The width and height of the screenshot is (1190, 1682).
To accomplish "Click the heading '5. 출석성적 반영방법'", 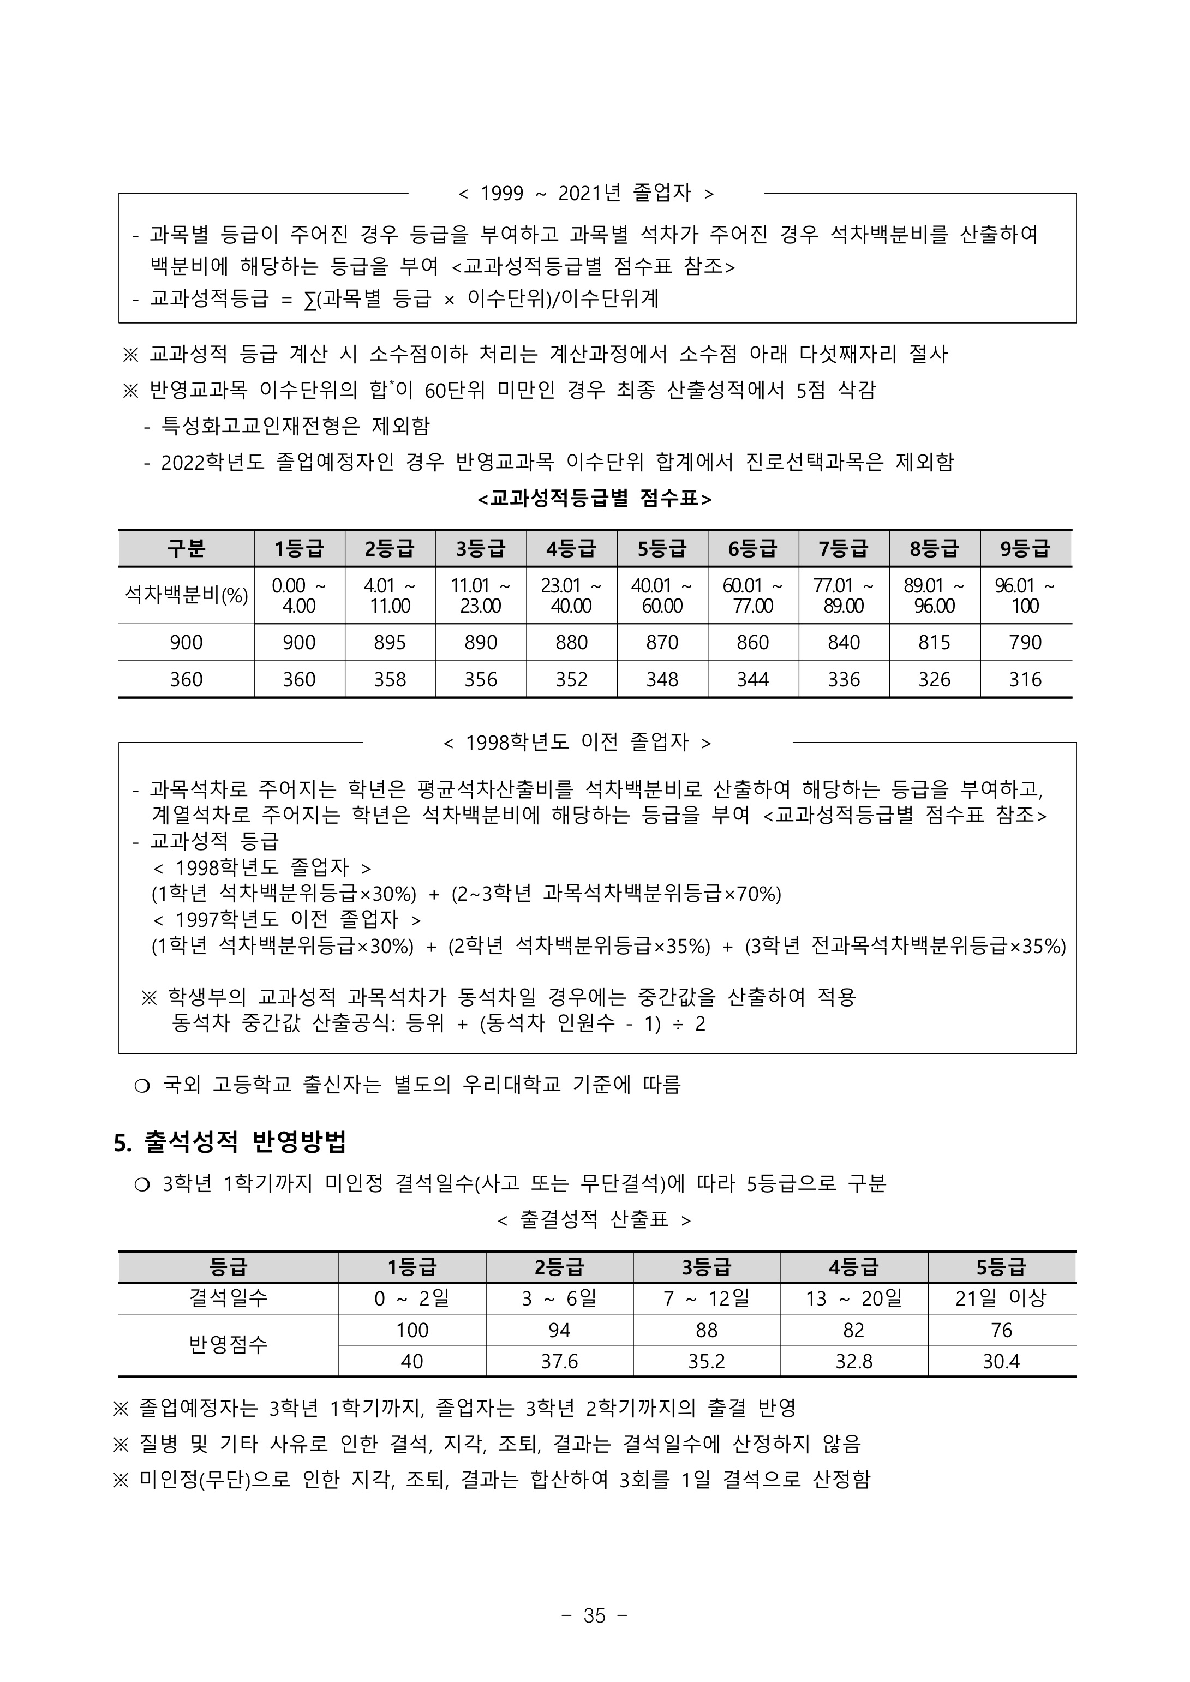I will [x=230, y=1141].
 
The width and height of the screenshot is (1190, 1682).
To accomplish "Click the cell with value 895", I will [x=390, y=643].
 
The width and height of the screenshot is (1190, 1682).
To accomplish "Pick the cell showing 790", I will [x=1025, y=643].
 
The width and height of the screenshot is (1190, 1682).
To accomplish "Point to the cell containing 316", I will [x=1025, y=680].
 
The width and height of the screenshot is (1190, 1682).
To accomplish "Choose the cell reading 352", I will [x=572, y=680].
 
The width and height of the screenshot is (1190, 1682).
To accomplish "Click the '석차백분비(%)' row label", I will [x=186, y=595].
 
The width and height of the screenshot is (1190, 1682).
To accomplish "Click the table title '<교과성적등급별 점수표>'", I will [x=594, y=499].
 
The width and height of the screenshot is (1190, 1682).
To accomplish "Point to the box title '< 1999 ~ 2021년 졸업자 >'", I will [x=585, y=193].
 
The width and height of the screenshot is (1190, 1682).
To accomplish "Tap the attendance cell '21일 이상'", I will [x=1001, y=1298].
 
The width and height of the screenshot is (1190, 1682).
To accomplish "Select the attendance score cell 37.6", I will [x=559, y=1361].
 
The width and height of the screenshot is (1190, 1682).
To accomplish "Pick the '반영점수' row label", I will [x=228, y=1345].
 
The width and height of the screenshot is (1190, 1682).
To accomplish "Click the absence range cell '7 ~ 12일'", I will [x=707, y=1298].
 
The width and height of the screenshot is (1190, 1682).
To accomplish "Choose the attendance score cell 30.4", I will [x=1001, y=1361].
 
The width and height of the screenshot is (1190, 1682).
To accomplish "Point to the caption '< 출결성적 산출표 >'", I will [x=594, y=1220].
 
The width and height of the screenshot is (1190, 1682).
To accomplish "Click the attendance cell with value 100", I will [x=412, y=1330].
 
